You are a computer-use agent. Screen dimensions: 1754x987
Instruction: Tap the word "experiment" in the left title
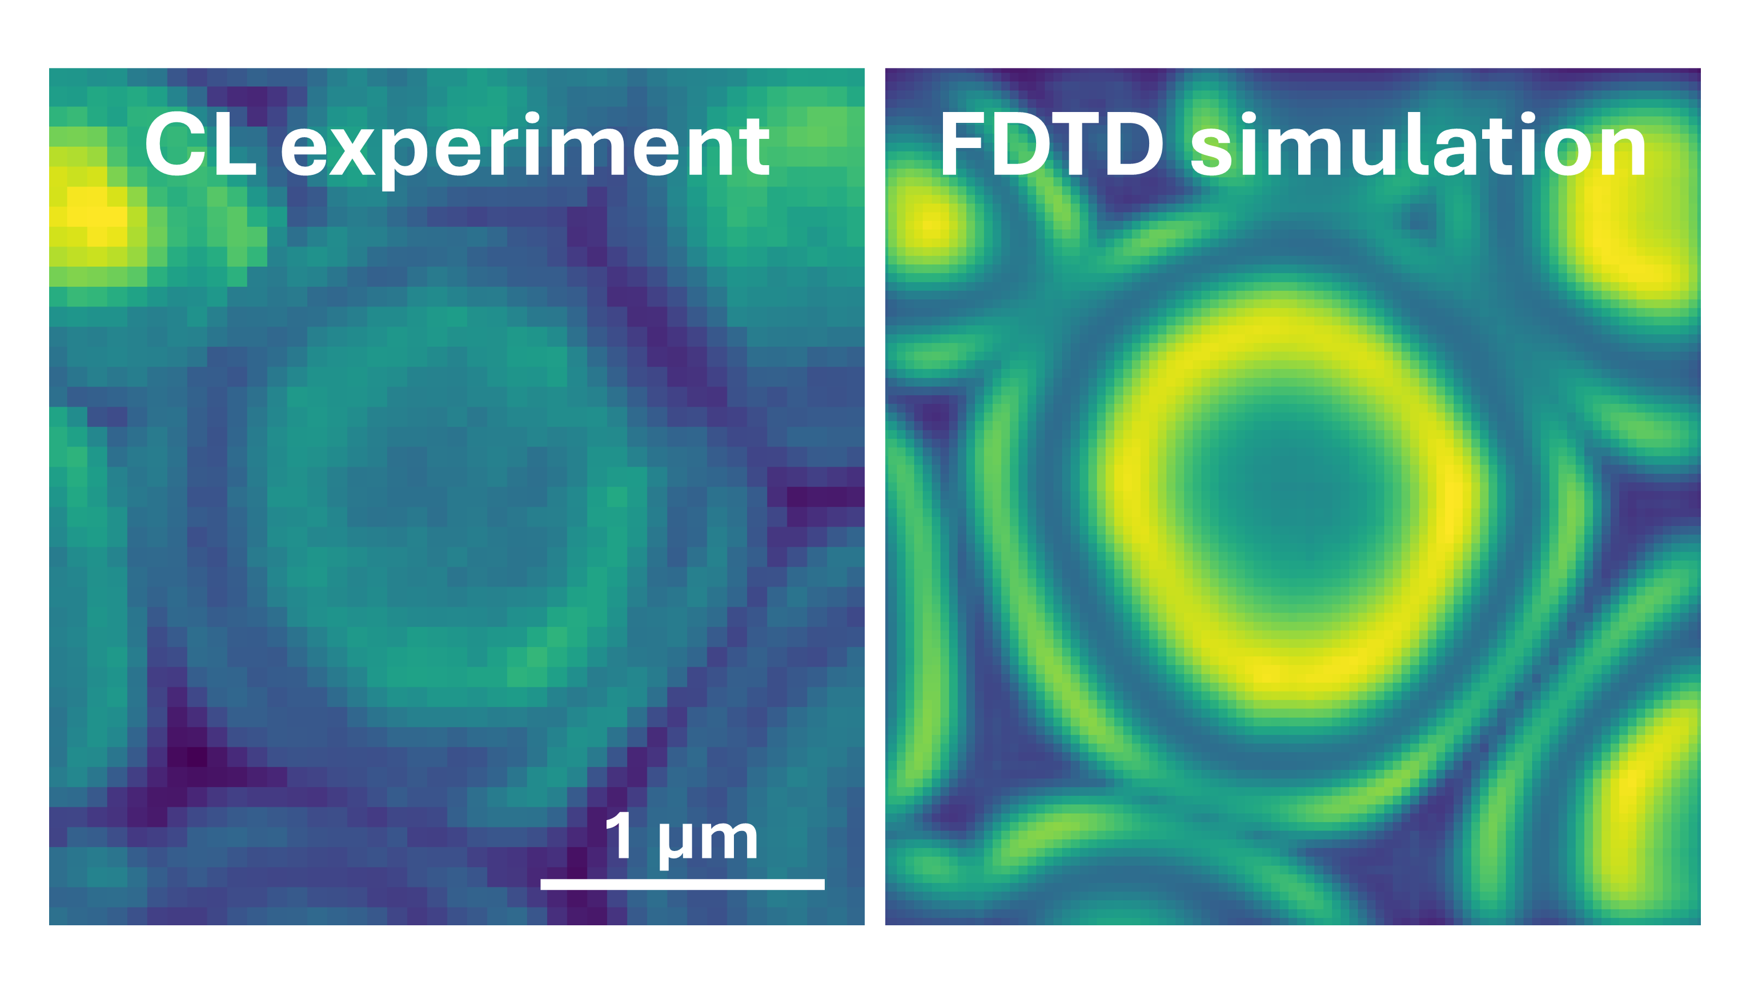(525, 150)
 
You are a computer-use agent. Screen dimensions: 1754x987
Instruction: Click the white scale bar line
(683, 884)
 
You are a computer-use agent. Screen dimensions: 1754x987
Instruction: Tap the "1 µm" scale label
(681, 838)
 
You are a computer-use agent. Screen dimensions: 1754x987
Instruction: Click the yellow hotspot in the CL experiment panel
(95, 214)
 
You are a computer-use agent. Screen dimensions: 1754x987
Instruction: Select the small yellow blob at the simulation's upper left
(932, 221)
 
